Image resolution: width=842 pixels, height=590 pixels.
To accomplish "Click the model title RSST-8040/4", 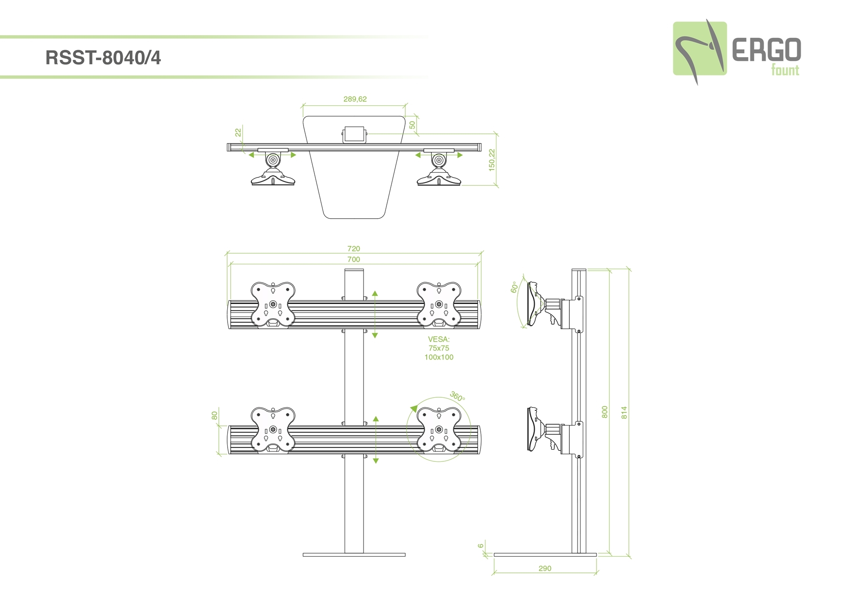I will click(103, 58).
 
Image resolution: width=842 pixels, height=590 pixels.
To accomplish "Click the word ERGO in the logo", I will click(766, 50).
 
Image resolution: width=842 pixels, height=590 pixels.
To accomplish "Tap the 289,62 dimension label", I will click(355, 99).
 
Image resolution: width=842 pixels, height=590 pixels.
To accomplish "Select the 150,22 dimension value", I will click(492, 160).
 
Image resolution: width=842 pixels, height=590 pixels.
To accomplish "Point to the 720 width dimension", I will click(353, 248).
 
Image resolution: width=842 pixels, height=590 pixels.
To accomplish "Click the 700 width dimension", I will click(353, 259).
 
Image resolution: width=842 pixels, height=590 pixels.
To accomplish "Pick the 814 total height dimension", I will click(624, 413).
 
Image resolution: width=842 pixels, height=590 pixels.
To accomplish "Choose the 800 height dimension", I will click(605, 412).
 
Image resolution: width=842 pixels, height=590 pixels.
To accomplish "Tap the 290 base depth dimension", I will click(545, 568).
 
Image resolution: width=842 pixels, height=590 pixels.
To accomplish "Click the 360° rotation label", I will click(457, 396).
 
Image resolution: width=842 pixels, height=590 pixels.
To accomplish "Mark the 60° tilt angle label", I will click(514, 288).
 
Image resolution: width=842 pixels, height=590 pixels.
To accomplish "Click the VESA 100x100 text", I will click(439, 357).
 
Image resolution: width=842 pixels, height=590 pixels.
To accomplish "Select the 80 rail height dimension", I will click(214, 415).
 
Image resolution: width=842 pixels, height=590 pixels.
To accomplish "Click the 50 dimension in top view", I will click(412, 125).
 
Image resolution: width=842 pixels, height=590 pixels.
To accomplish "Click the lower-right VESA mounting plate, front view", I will click(439, 430).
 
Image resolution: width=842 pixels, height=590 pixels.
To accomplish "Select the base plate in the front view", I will click(354, 555).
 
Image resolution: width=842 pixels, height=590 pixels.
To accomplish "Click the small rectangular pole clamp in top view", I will click(354, 134).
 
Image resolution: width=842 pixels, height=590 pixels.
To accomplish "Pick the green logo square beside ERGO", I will click(699, 48).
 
